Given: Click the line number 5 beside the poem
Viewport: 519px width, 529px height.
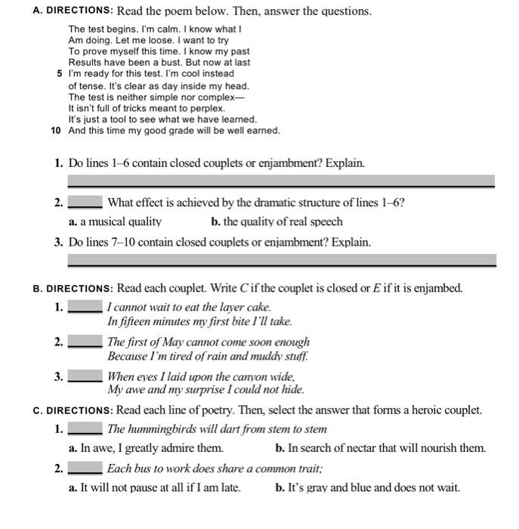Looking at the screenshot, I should pyautogui.click(x=60, y=74).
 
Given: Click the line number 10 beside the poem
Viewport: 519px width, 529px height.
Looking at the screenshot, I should pyautogui.click(x=56, y=131).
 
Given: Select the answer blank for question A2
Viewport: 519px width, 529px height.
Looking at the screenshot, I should pyautogui.click(x=85, y=203).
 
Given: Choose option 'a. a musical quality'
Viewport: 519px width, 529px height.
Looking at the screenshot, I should pyautogui.click(x=115, y=221).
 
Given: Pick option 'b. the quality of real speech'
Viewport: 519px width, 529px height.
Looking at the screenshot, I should pyautogui.click(x=277, y=221).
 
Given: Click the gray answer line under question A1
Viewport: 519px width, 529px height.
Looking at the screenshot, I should pyautogui.click(x=281, y=181).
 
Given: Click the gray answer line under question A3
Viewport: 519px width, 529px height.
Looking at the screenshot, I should pyautogui.click(x=281, y=261).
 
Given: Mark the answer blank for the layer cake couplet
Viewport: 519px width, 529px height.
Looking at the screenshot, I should pyautogui.click(x=85, y=308).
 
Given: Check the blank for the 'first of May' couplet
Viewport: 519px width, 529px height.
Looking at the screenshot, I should pyautogui.click(x=85, y=342).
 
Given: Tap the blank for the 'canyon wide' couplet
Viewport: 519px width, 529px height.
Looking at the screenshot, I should pyautogui.click(x=85, y=376).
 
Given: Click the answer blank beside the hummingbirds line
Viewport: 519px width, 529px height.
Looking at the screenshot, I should pyautogui.click(x=85, y=430).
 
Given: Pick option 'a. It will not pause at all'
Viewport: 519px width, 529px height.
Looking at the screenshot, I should pyautogui.click(x=154, y=488).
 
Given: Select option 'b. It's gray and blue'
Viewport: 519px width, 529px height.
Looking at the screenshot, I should pyautogui.click(x=368, y=488).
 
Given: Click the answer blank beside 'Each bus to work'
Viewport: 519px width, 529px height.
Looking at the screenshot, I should pyautogui.click(x=85, y=469).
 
